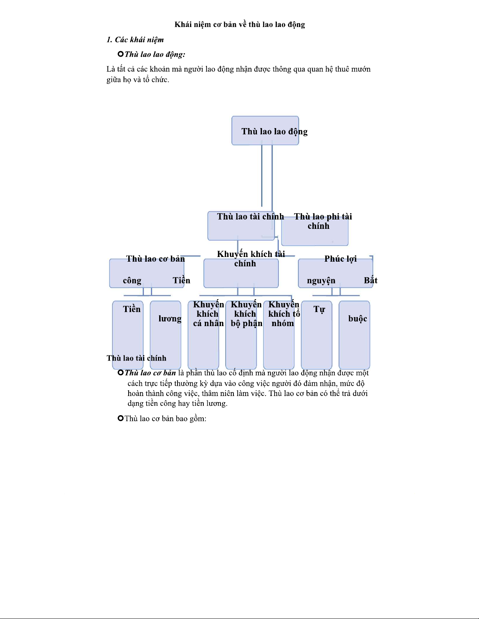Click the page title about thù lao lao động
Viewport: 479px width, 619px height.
point(240,25)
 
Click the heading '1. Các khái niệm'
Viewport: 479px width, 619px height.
point(135,40)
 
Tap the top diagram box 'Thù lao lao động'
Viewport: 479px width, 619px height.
point(265,131)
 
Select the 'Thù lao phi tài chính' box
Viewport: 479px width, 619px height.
point(315,231)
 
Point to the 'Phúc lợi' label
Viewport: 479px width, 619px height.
point(340,259)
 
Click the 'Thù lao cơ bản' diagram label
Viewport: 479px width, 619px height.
point(155,259)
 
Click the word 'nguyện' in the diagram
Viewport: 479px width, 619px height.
point(321,280)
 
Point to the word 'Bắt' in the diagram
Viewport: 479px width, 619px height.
point(370,280)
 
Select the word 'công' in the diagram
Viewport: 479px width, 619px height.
point(132,280)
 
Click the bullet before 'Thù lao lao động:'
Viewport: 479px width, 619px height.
point(120,54)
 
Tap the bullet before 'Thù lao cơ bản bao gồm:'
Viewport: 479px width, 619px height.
point(120,418)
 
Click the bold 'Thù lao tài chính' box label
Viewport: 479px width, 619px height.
point(250,217)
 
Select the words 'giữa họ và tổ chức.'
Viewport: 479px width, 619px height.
point(138,80)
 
